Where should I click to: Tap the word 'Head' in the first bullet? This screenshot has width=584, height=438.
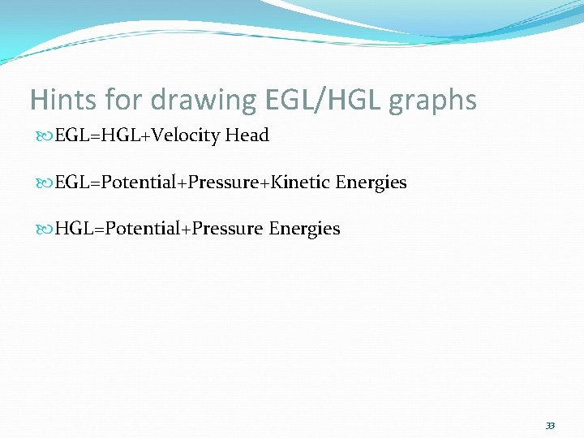point(247,135)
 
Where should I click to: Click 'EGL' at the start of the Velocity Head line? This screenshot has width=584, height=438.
point(71,135)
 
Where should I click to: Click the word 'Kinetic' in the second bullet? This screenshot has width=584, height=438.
point(302,182)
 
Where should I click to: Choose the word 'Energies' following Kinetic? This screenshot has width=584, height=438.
point(371,182)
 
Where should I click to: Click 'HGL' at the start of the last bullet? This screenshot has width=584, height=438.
point(73,229)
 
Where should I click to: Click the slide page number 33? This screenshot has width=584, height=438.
point(550,426)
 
